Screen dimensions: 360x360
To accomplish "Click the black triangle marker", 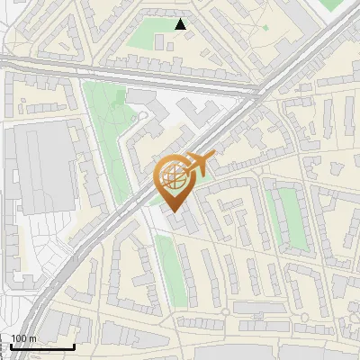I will [x=181, y=24].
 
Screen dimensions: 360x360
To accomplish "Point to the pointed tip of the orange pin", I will [x=175, y=212].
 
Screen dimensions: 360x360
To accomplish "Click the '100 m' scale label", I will [x=23, y=338].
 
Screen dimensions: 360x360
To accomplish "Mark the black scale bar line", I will [x=41, y=346].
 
